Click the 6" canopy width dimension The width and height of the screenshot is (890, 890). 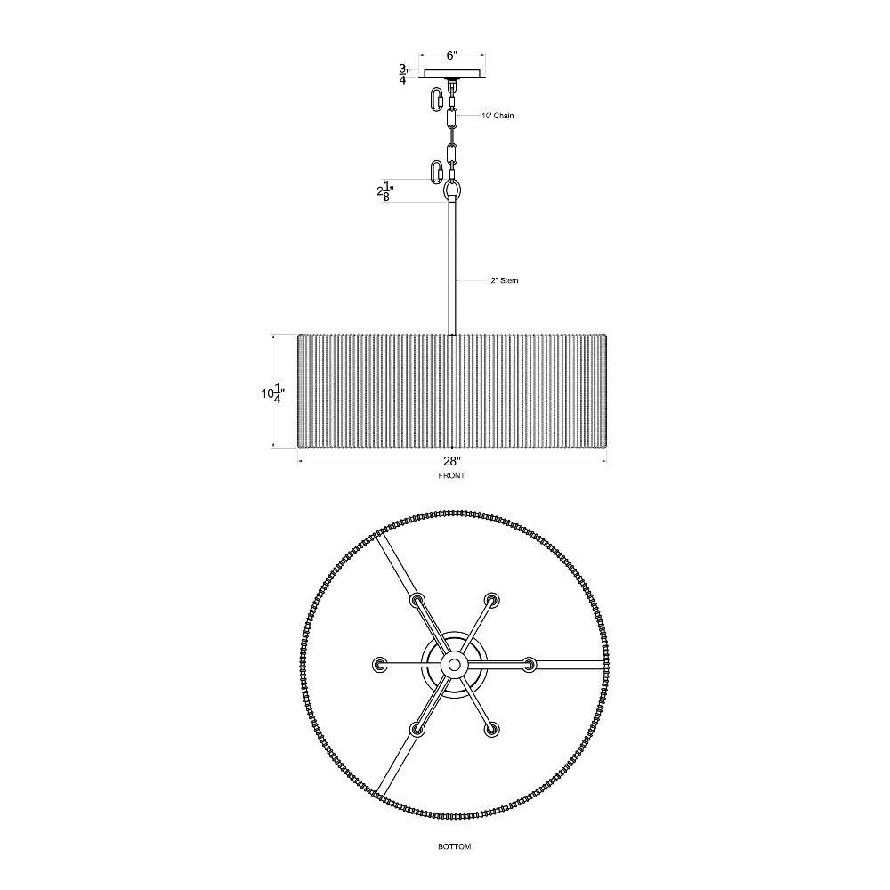(x=452, y=55)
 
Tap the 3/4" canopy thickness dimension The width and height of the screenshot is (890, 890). (x=404, y=75)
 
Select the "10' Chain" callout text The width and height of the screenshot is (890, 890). (x=498, y=116)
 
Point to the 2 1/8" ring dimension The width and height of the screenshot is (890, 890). (x=385, y=191)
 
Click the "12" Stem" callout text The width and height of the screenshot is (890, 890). (x=502, y=280)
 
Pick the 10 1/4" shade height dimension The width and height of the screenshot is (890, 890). (x=272, y=392)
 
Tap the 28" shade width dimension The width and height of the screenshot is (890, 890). (x=452, y=461)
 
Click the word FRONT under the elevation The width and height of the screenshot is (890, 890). (x=451, y=475)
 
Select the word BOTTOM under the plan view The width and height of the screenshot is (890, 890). (x=454, y=846)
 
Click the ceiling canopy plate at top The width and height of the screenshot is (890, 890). (x=452, y=75)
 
